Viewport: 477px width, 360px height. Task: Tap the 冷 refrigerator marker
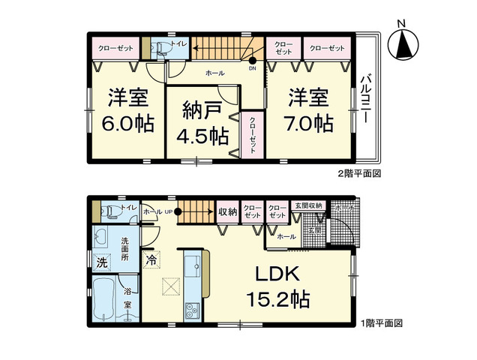coord(151,262)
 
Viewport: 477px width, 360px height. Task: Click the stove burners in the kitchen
coord(190,307)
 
